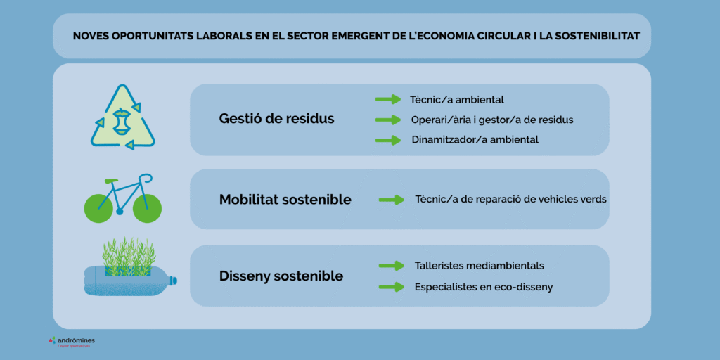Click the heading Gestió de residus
[276, 119]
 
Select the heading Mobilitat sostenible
[285, 200]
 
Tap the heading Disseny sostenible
[281, 276]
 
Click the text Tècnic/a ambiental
[457, 100]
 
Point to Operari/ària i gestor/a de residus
[492, 120]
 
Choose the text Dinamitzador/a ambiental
[475, 139]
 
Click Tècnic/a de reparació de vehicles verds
[510, 199]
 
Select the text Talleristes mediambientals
[480, 266]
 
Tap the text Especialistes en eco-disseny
[484, 287]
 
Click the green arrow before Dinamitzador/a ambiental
[388, 139]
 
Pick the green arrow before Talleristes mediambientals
[391, 266]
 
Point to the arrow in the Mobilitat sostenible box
[392, 200]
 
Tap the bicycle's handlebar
[144, 177]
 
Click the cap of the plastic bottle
[174, 281]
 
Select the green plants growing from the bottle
[128, 255]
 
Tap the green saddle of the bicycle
[111, 181]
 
